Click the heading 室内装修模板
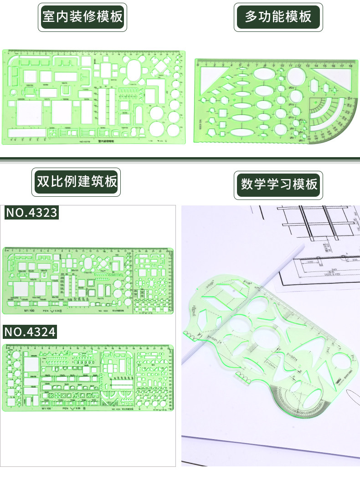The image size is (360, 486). coord(82,17)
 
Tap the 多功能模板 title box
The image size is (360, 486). coord(278,17)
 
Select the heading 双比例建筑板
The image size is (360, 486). coord(77,182)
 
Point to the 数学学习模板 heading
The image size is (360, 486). coord(278,184)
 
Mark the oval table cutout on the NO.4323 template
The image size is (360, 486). coord(87,263)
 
